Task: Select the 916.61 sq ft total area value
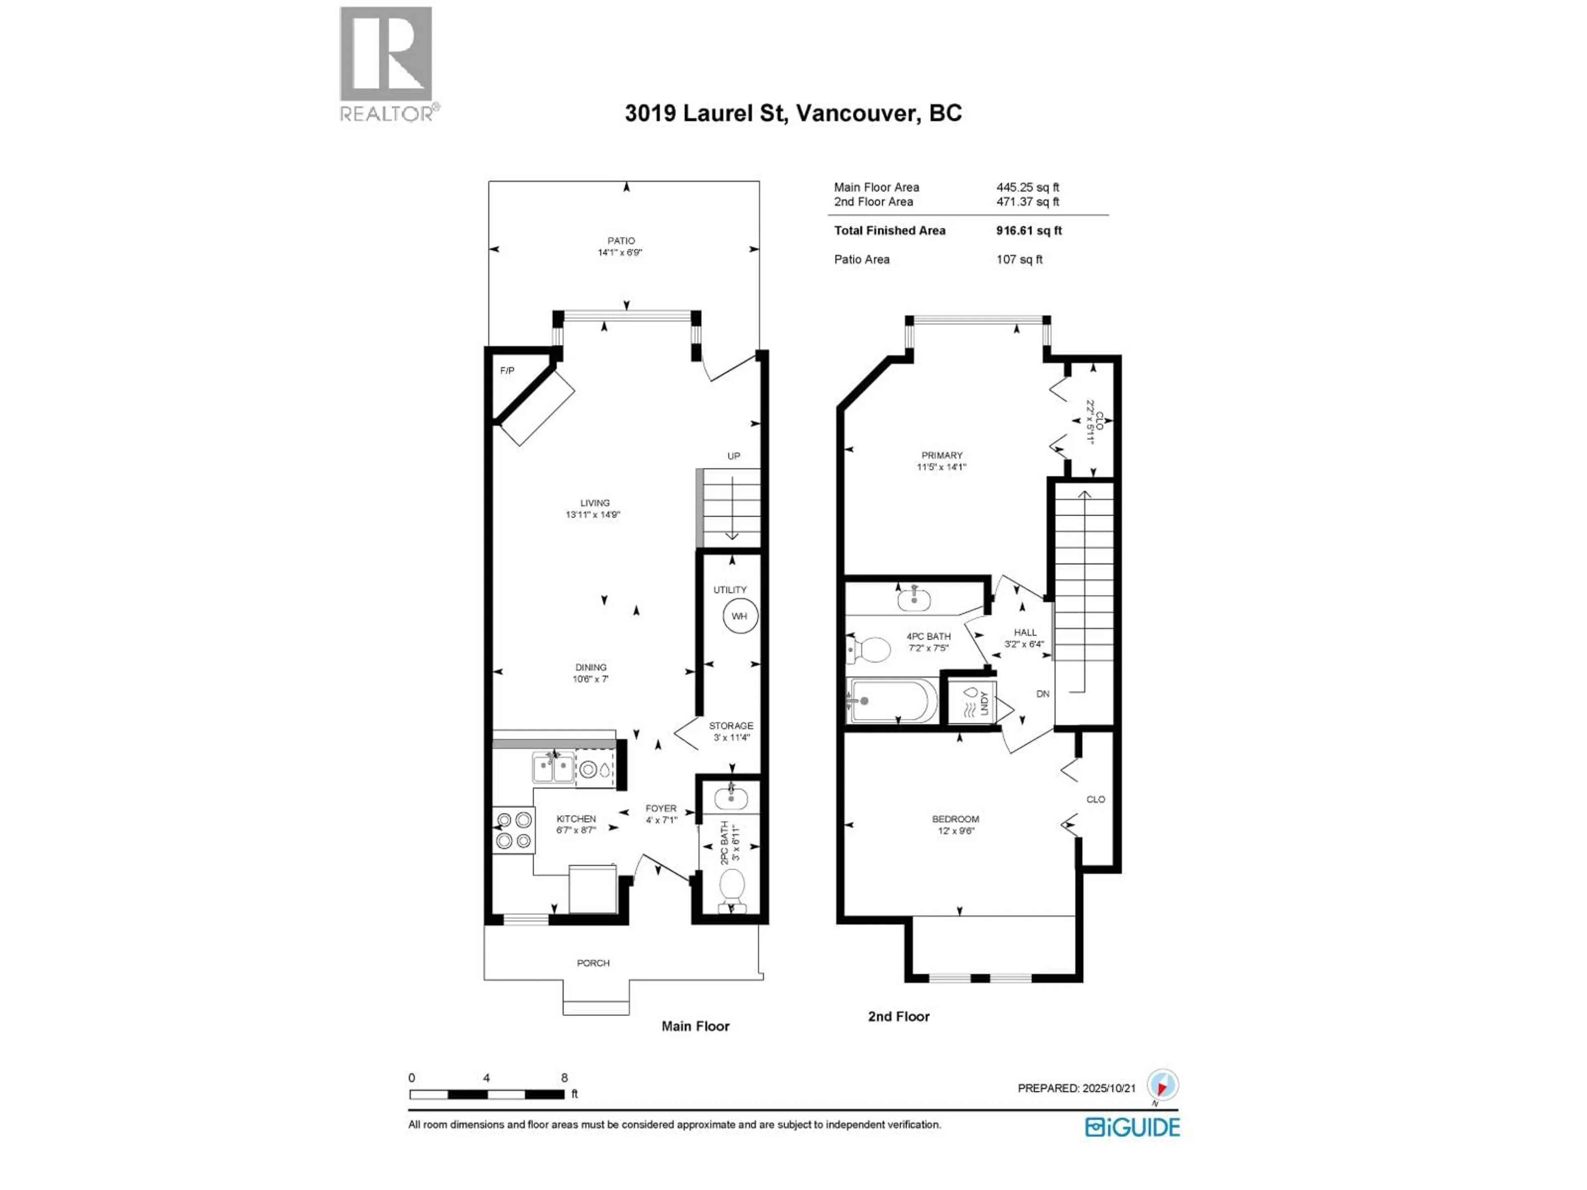pos(1029,230)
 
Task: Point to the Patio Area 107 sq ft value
pos(1019,259)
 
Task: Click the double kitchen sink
pos(553,768)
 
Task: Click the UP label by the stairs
pos(733,456)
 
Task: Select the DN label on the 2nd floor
pos(1043,694)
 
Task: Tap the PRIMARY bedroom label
pos(942,455)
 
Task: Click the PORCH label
pos(593,963)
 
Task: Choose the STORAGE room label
pos(731,726)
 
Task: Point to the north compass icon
pos(1162,1085)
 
